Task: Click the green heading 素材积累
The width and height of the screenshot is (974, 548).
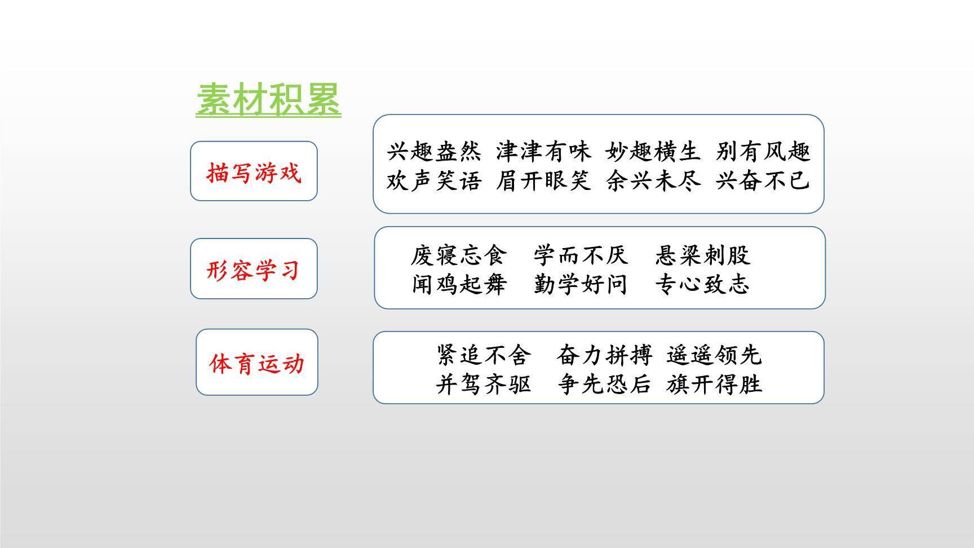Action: click(268, 100)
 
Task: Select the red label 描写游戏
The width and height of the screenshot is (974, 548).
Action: click(254, 172)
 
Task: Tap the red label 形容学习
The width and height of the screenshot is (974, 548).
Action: click(253, 269)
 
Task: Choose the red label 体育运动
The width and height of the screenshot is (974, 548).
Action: click(257, 363)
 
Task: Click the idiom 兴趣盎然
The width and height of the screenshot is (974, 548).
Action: click(434, 151)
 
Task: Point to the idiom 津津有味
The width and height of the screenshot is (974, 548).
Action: click(543, 151)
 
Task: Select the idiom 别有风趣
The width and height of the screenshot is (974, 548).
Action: click(763, 151)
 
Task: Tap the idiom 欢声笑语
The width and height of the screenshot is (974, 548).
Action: click(434, 180)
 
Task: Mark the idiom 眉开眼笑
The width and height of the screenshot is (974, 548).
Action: click(543, 180)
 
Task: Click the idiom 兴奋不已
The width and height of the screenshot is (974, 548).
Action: click(763, 180)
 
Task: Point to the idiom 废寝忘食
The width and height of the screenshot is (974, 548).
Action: click(459, 255)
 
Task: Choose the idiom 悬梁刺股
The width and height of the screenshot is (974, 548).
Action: click(702, 255)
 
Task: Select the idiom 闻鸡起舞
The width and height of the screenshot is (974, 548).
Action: click(459, 284)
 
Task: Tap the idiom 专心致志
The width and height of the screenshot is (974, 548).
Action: click(702, 284)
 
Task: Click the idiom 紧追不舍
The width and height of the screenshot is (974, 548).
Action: click(484, 355)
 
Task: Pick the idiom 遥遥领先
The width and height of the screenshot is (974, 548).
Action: click(714, 355)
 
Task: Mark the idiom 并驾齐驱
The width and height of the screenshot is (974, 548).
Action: click(484, 384)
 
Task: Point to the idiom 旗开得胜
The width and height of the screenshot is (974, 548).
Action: click(714, 384)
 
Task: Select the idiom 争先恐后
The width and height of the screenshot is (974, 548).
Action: click(604, 384)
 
